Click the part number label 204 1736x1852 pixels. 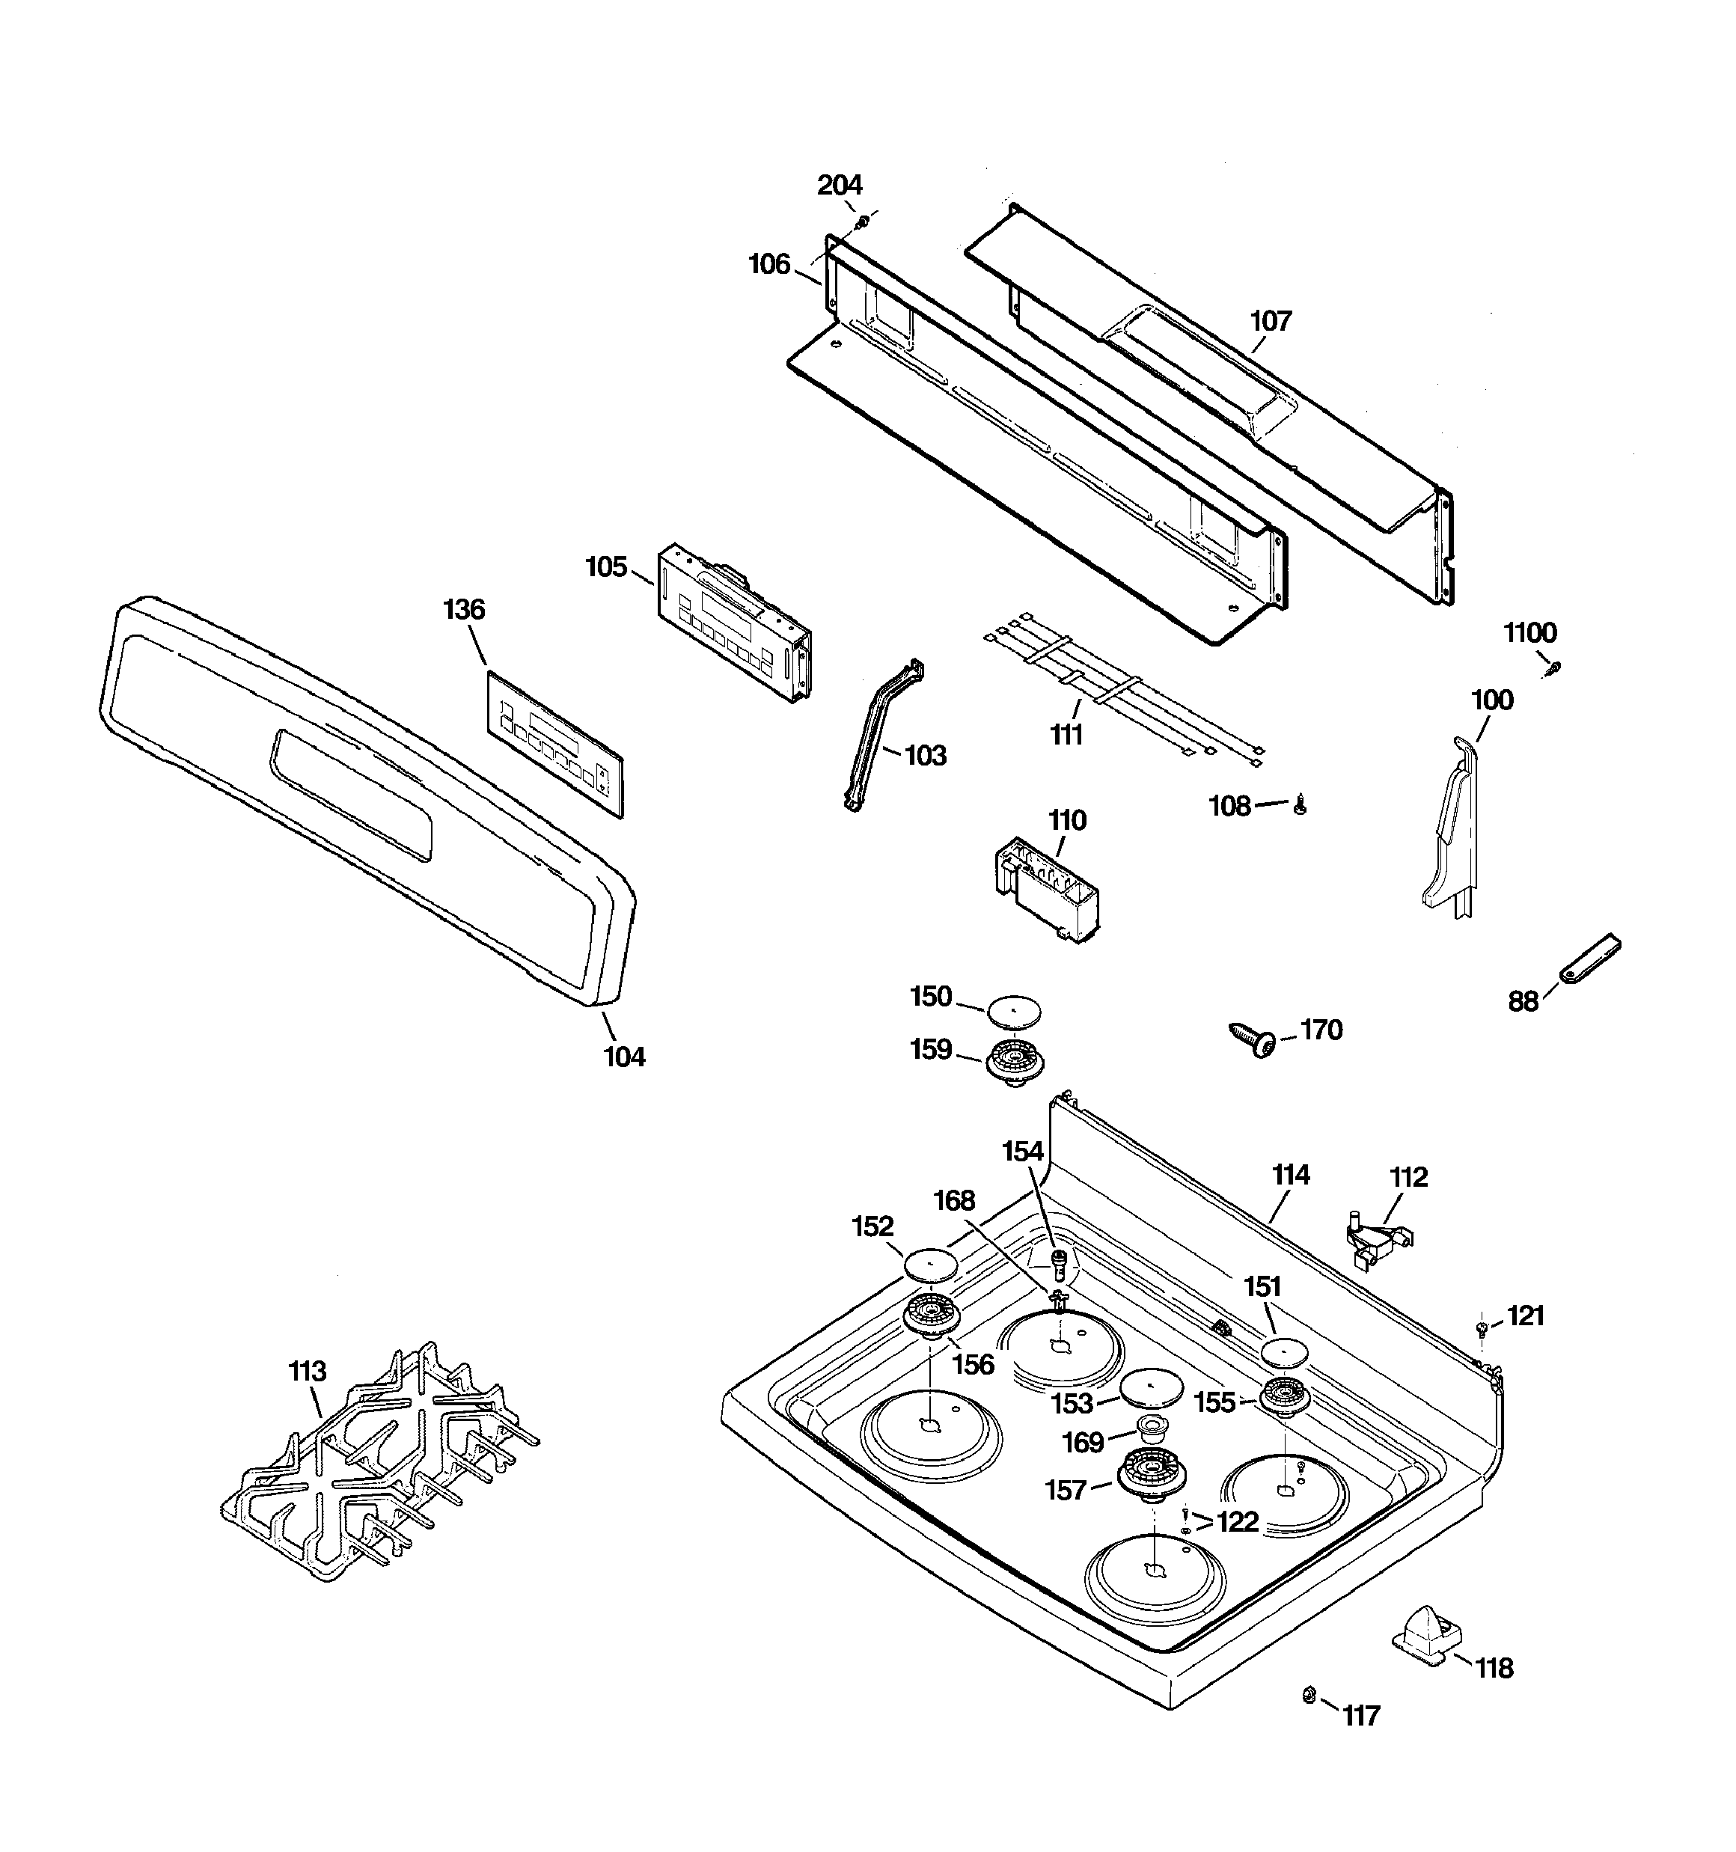pos(840,186)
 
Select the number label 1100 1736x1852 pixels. pos(1530,634)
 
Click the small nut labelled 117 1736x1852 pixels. pos(1307,1695)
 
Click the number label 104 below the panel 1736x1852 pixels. pos(624,1057)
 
